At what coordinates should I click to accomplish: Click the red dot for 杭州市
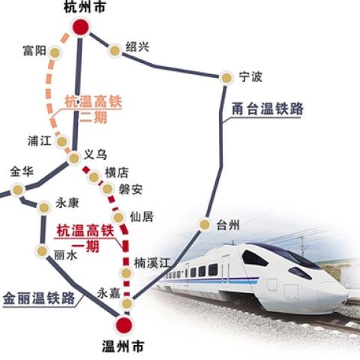(x=80, y=28)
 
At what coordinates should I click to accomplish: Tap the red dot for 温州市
(x=125, y=325)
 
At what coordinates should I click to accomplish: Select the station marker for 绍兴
(x=115, y=51)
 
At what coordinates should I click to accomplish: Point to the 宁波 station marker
(x=226, y=77)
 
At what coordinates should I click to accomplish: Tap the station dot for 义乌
(x=74, y=158)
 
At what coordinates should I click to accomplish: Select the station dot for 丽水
(x=42, y=253)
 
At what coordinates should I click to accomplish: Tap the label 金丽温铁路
(x=39, y=297)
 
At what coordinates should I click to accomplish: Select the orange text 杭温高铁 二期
(x=93, y=107)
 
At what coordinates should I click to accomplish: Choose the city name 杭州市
(x=80, y=8)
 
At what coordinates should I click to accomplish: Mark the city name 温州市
(x=125, y=346)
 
